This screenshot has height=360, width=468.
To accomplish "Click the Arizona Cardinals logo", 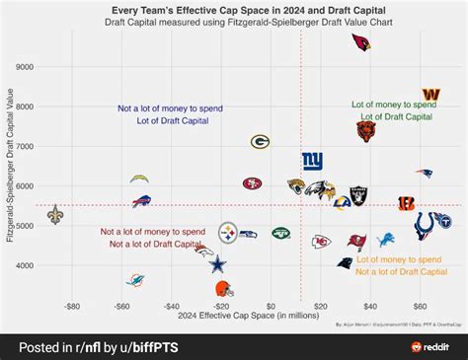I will click(362, 42).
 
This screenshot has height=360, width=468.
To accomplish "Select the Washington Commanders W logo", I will click(430, 95).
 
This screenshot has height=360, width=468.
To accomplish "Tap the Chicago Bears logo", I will click(366, 130).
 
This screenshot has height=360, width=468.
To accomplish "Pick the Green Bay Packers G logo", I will click(260, 142).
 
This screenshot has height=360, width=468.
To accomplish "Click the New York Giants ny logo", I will click(312, 160).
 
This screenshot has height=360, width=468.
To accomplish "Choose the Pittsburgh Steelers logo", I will click(228, 233).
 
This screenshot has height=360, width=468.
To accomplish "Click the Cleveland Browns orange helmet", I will click(224, 288).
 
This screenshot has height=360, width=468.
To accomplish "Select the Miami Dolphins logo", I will click(135, 280).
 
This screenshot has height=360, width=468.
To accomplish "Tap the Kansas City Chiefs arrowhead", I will click(320, 242).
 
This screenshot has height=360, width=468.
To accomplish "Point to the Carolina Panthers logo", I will click(344, 262).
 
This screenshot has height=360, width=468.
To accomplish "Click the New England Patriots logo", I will click(424, 174).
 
